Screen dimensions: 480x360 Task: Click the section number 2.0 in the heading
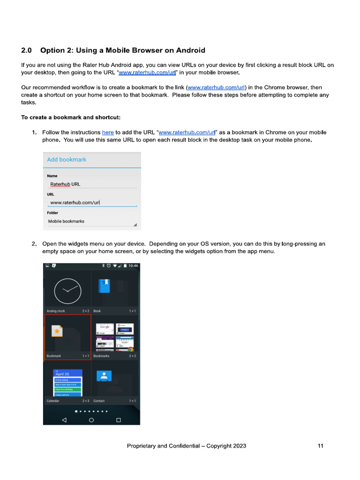coord(26,50)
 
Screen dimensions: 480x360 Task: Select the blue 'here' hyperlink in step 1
coord(108,133)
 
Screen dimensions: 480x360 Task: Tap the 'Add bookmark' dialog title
coord(67,159)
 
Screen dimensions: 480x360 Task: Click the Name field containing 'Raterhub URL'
coord(91,184)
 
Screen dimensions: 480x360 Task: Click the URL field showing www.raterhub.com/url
coord(91,202)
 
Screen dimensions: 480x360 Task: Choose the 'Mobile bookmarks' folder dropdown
coord(91,221)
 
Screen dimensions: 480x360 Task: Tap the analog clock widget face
coord(67,291)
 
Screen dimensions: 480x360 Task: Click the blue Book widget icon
coord(104,286)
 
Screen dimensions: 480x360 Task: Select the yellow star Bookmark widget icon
coord(57,331)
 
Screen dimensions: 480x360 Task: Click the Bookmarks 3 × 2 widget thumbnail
coord(115,337)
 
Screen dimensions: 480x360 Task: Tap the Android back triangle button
coord(64,420)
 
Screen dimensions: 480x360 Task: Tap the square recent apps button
coord(119,420)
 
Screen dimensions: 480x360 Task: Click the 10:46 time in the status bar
coord(133,266)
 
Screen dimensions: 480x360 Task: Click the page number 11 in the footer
coord(320,446)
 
